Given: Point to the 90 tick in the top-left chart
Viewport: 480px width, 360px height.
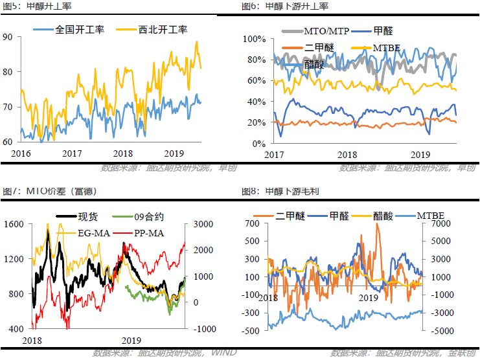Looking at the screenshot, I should pos(8,37).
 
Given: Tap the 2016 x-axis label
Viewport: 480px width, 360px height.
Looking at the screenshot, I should pos(21,153).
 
